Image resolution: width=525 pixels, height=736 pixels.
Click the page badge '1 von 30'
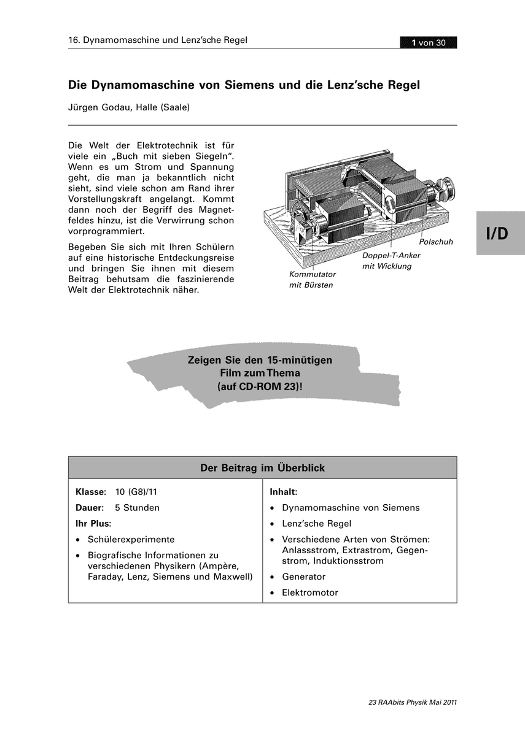click(428, 42)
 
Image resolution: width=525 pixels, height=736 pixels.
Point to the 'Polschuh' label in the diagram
click(435, 242)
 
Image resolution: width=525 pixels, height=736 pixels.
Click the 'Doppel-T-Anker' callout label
click(391, 255)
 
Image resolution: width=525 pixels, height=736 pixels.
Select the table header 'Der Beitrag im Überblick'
click(262, 468)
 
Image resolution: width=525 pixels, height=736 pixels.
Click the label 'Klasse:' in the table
click(91, 492)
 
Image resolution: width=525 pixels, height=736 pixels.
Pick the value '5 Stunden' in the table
click(137, 508)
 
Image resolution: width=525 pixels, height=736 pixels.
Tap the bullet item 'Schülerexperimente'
click(131, 540)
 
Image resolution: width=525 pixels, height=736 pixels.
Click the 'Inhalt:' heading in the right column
click(284, 492)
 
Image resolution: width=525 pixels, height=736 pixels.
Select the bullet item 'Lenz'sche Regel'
click(316, 524)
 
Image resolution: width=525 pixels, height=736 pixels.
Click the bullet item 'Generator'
click(303, 577)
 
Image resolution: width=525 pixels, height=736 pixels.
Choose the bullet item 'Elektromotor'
click(309, 593)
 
